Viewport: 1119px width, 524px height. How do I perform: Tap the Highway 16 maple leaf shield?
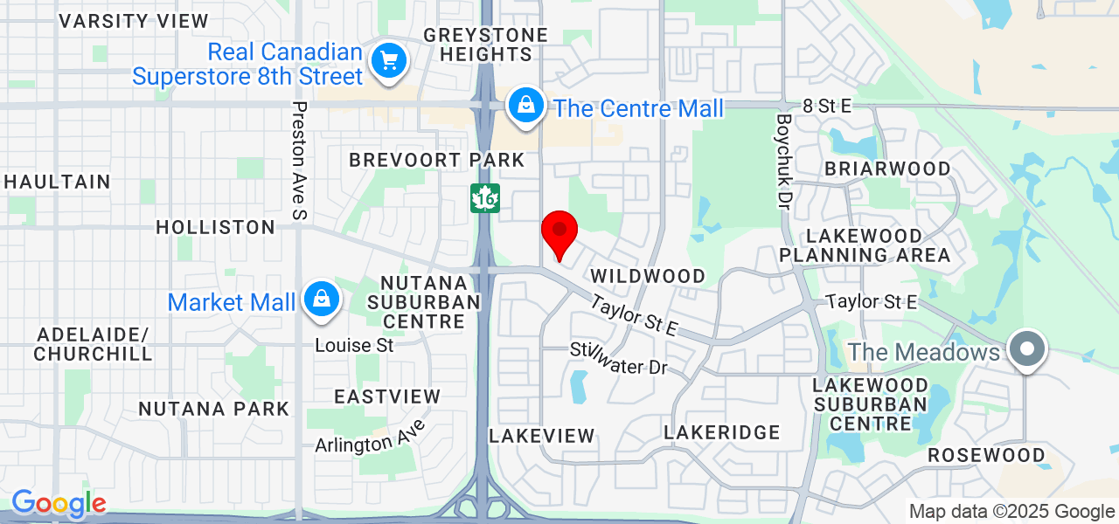coord(484,198)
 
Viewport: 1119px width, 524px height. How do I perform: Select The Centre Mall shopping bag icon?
coord(526,106)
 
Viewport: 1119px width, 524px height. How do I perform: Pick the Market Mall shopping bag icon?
coord(322,300)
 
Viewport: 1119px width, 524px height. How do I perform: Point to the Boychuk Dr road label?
coord(783,161)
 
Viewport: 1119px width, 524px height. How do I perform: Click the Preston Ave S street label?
coord(300,160)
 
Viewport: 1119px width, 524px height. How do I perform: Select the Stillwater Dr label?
coord(619,359)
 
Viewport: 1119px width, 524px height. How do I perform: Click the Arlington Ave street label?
coord(371,436)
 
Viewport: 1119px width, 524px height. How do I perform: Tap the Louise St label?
coord(355,345)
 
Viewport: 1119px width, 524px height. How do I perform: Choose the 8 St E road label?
coord(826,106)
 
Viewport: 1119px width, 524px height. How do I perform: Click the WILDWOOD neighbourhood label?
coord(648,276)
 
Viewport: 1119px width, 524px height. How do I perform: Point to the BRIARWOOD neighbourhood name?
coord(887,168)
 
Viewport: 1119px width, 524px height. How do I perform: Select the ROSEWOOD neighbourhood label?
coord(986,455)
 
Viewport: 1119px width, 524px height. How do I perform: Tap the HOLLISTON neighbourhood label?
coord(215,227)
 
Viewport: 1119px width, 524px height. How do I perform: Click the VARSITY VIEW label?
coord(134,21)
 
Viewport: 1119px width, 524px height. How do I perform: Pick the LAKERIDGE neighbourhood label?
coord(721,432)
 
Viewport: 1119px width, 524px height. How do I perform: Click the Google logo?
coord(59,504)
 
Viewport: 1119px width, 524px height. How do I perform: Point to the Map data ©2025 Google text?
coord(1011,512)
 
